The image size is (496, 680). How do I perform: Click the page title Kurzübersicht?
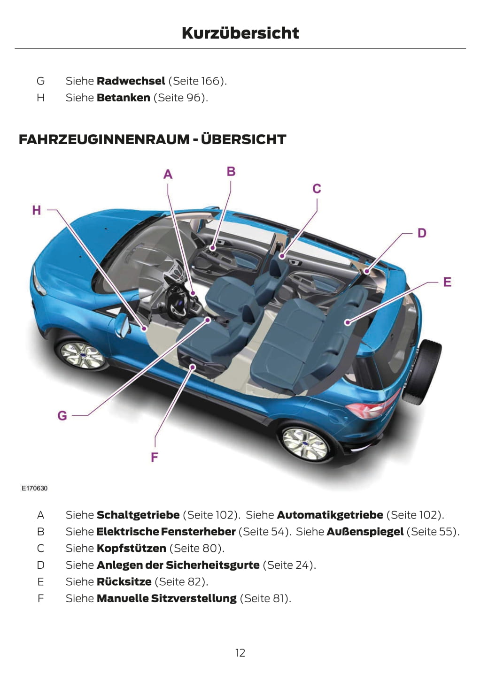[x=240, y=33]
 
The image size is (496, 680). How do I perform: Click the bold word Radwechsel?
[x=131, y=81]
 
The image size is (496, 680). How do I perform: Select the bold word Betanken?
[x=123, y=98]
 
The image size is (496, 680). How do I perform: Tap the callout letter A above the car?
[x=168, y=175]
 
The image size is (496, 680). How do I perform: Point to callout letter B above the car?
[x=231, y=171]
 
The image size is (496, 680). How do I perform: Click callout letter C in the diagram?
[x=317, y=189]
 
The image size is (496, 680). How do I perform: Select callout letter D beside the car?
[x=422, y=233]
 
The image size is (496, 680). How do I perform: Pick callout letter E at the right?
[x=447, y=282]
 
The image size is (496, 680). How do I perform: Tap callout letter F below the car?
[x=155, y=457]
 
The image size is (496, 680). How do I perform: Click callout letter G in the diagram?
[x=62, y=416]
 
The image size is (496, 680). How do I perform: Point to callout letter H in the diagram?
[x=37, y=210]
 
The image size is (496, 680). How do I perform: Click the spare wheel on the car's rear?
[x=422, y=371]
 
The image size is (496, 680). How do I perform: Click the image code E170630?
[x=34, y=488]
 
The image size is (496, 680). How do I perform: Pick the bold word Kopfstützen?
[x=131, y=548]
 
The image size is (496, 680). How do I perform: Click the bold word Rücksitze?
[x=124, y=581]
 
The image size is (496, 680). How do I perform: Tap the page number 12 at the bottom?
[x=240, y=653]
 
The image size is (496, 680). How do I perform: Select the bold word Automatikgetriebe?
[x=330, y=515]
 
